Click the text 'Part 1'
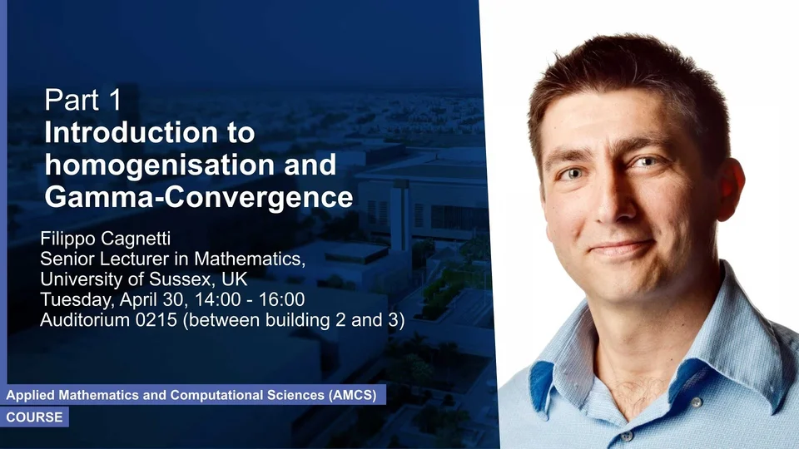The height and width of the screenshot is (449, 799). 83,100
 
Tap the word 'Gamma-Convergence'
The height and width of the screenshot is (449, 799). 199,198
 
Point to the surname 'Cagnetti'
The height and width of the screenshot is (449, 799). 139,239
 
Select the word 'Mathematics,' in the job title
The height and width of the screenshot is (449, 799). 250,259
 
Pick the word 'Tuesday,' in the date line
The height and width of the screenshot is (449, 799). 77,300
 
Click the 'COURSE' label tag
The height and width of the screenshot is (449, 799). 35,417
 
